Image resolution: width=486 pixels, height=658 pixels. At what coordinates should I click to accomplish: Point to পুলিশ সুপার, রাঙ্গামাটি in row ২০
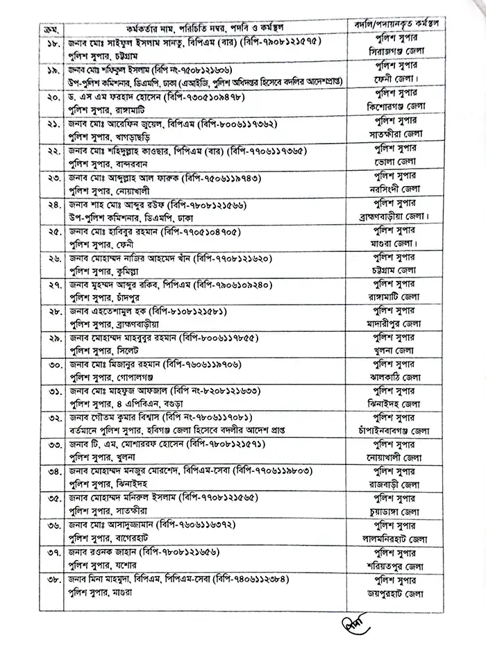pos(105,110)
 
